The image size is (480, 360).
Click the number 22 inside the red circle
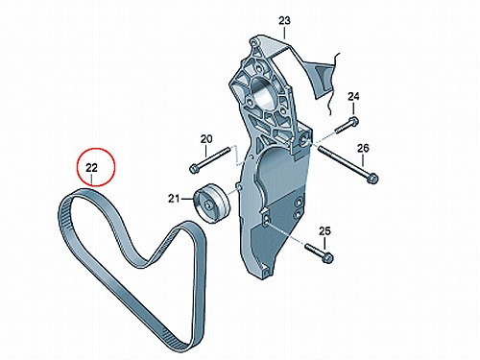click(x=91, y=168)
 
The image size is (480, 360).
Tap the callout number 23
click(x=284, y=21)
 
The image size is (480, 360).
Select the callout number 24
click(x=353, y=96)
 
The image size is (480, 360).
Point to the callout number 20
click(x=206, y=139)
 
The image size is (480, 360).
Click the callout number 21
click(x=174, y=199)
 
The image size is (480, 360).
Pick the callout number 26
click(x=363, y=148)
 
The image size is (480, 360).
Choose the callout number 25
click(x=324, y=231)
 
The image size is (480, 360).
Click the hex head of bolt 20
click(x=194, y=169)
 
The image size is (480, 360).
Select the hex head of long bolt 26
click(x=372, y=178)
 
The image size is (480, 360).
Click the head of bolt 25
click(x=327, y=257)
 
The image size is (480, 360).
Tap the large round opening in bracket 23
click(x=263, y=96)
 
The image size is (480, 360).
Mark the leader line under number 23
click(x=284, y=33)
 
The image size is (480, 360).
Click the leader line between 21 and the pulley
click(x=187, y=199)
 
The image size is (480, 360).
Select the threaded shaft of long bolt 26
click(x=343, y=160)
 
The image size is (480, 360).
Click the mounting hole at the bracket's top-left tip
click(x=253, y=41)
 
